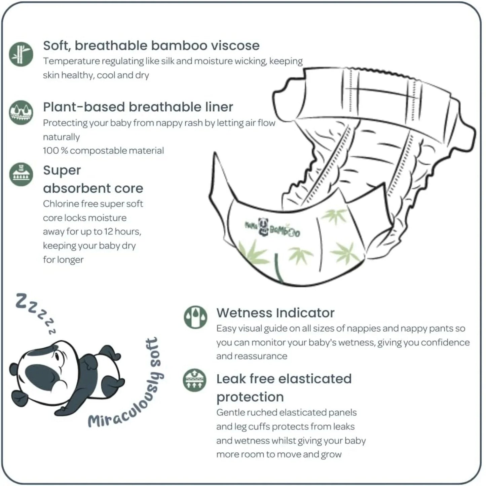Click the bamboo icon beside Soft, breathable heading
click(x=21, y=54)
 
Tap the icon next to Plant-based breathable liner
click(x=21, y=112)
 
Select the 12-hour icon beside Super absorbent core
click(x=21, y=174)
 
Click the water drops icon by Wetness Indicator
click(x=195, y=317)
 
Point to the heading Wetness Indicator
click(x=275, y=313)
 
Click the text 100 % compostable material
click(x=103, y=150)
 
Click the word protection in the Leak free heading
click(x=250, y=397)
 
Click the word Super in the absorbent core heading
click(x=62, y=171)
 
